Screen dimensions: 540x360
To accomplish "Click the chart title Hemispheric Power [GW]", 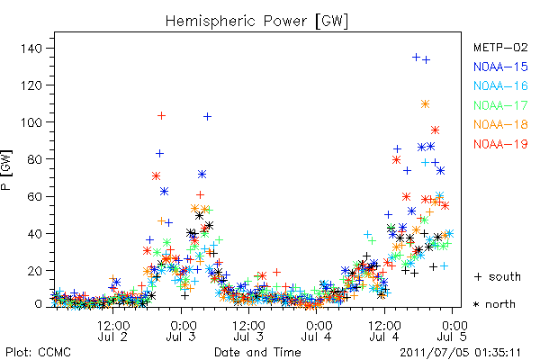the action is (x=256, y=21).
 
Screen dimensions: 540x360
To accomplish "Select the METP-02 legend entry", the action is (x=500, y=47).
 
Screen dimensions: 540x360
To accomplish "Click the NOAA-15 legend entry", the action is (x=500, y=67).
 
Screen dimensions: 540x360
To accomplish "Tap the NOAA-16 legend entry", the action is (x=500, y=85).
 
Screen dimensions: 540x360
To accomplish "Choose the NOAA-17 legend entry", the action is (x=500, y=105).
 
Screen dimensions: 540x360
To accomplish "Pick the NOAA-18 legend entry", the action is (x=500, y=124).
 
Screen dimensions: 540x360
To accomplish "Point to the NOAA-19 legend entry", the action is (x=500, y=144).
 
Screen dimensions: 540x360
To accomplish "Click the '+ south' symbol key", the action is (x=498, y=276).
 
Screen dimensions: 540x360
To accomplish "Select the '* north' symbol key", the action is (x=494, y=304).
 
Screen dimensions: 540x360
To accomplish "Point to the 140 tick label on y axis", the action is (x=31, y=49).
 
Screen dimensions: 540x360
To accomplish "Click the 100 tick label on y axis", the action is (x=31, y=122).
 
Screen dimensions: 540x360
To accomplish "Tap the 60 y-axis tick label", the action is (x=35, y=196).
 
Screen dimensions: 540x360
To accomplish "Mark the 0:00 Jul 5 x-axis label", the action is (x=452, y=330).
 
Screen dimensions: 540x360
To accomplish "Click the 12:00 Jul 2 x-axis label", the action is (x=113, y=330).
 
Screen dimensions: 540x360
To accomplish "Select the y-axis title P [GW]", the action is (x=6, y=170).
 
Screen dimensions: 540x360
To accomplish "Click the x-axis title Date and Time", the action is (x=257, y=353).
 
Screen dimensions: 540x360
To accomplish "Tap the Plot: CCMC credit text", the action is (x=38, y=353).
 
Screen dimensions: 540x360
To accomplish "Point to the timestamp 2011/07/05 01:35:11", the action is (x=460, y=353).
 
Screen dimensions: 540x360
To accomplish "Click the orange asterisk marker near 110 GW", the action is (x=425, y=104).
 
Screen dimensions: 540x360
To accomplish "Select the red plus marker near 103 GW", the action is (x=161, y=116).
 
